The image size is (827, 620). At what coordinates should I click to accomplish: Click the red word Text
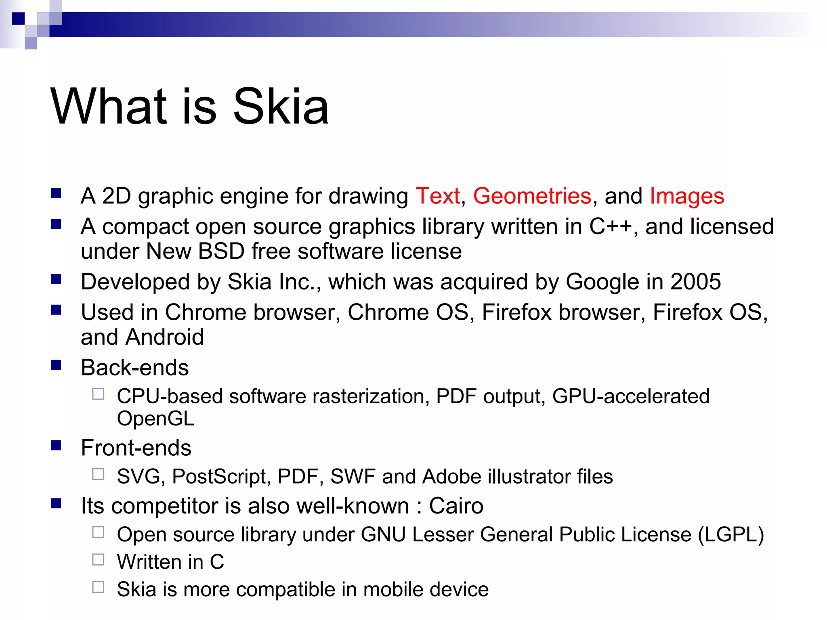438,196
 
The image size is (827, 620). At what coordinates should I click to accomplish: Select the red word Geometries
532,196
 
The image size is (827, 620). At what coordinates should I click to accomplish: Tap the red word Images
687,196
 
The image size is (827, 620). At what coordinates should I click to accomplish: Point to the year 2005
695,282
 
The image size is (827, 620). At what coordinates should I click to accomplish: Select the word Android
164,337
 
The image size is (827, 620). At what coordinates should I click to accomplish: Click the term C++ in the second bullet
610,226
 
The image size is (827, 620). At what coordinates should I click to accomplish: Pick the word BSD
221,251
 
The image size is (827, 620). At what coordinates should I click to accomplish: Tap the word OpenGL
155,419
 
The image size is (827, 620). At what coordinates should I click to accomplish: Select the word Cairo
456,506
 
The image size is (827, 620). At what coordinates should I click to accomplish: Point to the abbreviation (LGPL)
731,535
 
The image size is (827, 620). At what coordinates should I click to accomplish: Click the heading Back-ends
135,368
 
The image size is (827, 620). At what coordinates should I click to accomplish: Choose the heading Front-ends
136,448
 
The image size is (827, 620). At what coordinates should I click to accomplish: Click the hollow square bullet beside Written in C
98,559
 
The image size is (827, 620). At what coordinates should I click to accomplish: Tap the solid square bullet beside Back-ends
56,365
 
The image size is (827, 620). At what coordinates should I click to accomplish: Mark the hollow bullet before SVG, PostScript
98,474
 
